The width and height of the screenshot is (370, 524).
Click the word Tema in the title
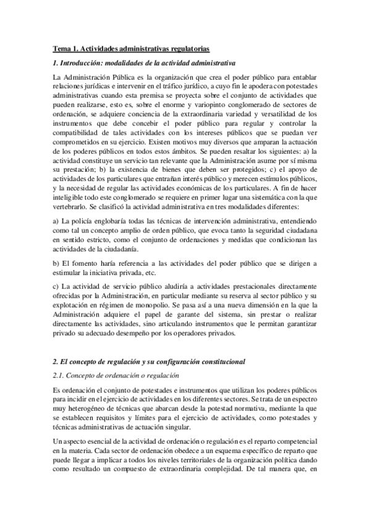(x=61, y=48)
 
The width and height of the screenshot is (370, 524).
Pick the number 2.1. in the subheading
(x=61, y=375)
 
